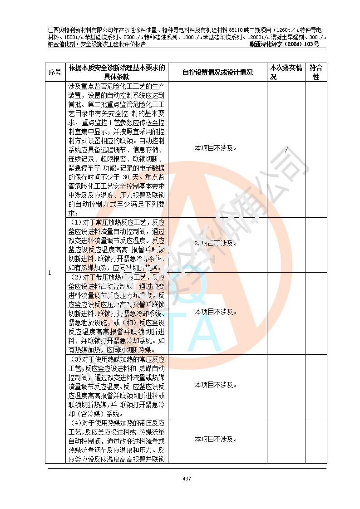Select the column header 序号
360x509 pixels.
(x=55, y=72)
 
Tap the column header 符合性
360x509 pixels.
(x=316, y=72)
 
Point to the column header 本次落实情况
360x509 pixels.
(x=286, y=72)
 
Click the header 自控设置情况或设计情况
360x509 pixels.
(x=217, y=72)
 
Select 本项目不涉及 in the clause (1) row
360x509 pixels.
(x=216, y=243)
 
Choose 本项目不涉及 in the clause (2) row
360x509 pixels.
(x=216, y=312)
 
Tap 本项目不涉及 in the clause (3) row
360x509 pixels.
(x=216, y=385)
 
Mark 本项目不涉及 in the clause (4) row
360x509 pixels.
(x=216, y=439)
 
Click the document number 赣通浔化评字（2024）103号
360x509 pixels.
(x=284, y=44)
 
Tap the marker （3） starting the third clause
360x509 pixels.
(x=76, y=359)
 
